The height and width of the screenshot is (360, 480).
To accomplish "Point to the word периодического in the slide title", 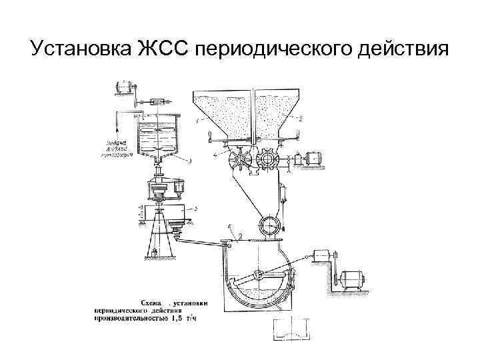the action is pos(273,50).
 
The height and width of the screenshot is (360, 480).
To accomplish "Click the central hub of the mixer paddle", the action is pos(259,275).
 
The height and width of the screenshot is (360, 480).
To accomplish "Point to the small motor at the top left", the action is pos(123,86).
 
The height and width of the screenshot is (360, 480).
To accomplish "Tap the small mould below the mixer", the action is pos(291,329).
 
